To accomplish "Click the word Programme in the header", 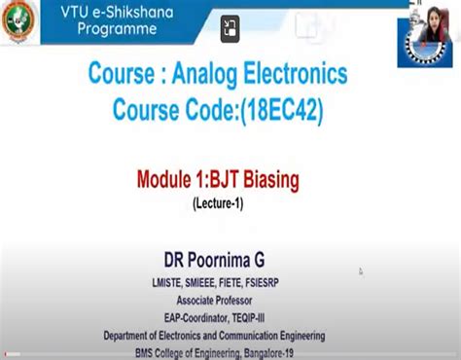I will pos(118,29).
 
